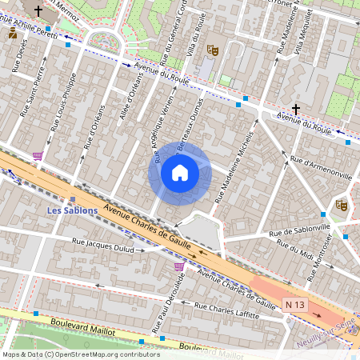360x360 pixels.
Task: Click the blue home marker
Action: coord(180,173)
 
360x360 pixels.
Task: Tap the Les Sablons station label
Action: coord(72,210)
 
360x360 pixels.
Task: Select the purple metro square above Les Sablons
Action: coord(73,199)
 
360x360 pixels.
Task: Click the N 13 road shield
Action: coord(295,305)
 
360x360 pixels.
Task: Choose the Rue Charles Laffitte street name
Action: coord(232,310)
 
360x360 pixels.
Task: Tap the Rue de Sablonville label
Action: coord(300,231)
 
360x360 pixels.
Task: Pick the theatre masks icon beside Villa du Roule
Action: coord(213,49)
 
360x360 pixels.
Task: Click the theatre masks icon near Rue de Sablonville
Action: coord(342,206)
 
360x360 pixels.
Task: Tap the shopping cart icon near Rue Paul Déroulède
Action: coord(179,266)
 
